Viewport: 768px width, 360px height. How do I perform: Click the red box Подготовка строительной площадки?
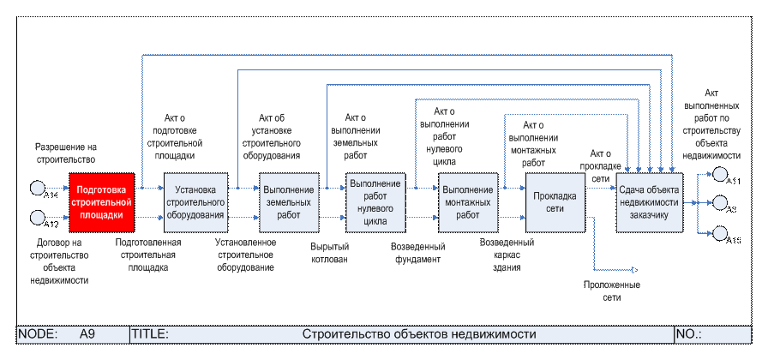(x=101, y=201)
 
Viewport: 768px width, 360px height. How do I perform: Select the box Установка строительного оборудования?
(x=195, y=202)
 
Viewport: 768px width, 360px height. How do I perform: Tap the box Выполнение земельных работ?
(x=289, y=202)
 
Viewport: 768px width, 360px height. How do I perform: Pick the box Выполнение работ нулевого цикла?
(x=375, y=202)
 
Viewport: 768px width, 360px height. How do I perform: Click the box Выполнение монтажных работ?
(x=468, y=202)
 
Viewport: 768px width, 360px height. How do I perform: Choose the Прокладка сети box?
(x=555, y=202)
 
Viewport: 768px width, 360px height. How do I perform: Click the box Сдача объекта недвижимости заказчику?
(x=649, y=201)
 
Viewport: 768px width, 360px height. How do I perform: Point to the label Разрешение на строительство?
(x=65, y=153)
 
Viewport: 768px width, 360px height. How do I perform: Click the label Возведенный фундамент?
(x=417, y=253)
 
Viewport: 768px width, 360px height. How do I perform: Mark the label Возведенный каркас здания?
(x=507, y=255)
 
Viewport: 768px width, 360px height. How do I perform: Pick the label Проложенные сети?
(x=612, y=291)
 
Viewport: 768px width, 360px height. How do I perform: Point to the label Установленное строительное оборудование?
(x=245, y=255)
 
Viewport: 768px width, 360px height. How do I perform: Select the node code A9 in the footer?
(x=86, y=333)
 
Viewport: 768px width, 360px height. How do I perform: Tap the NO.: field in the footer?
(x=689, y=333)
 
